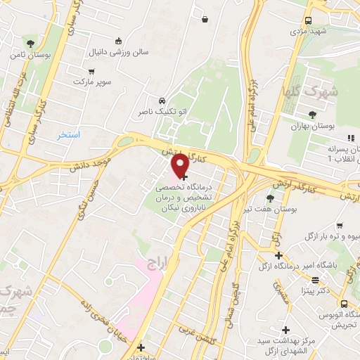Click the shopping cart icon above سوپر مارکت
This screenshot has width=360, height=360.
click(91, 71)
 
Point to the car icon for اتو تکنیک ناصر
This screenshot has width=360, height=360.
click(162, 101)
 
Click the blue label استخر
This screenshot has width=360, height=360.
click(70, 134)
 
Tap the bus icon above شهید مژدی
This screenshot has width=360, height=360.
click(307, 21)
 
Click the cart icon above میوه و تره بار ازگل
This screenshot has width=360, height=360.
click(340, 226)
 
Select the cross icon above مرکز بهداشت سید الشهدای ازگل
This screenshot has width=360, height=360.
click(285, 329)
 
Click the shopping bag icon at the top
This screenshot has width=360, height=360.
click(204, 20)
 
